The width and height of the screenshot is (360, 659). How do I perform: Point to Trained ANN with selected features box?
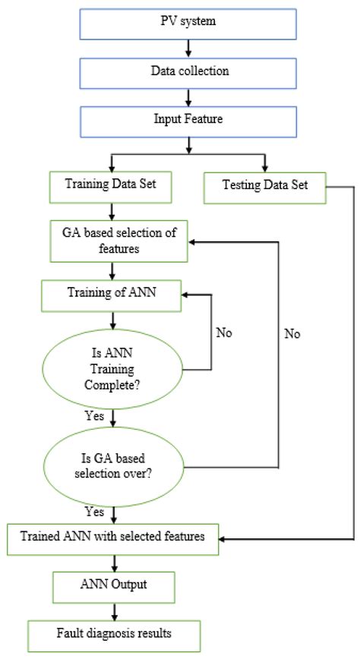[x=112, y=538]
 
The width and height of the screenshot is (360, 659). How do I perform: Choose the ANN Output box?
[x=112, y=585]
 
